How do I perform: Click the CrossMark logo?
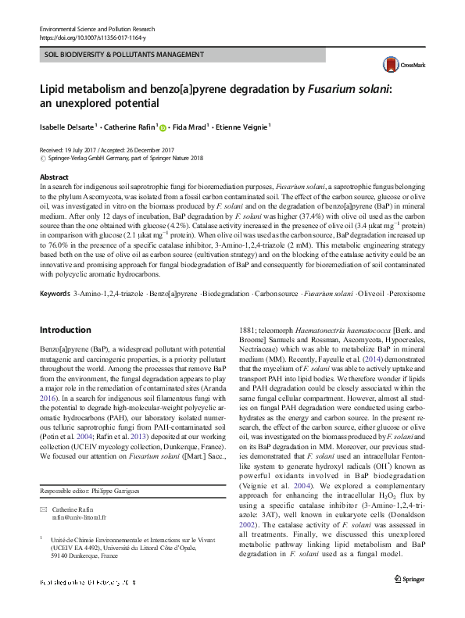[x=397, y=66]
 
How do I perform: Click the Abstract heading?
[x=54, y=177]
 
